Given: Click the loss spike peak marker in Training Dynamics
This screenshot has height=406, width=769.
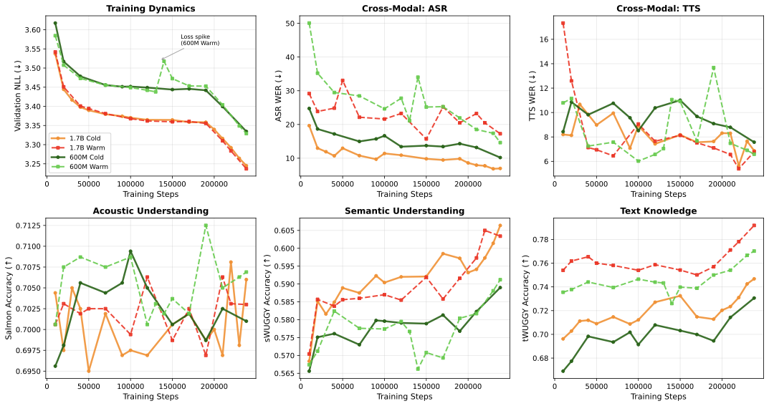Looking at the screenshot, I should (163, 60).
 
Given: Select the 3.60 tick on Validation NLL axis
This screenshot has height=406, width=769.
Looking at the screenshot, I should (32, 29).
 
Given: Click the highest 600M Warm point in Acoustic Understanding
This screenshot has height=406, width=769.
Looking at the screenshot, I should (206, 226).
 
